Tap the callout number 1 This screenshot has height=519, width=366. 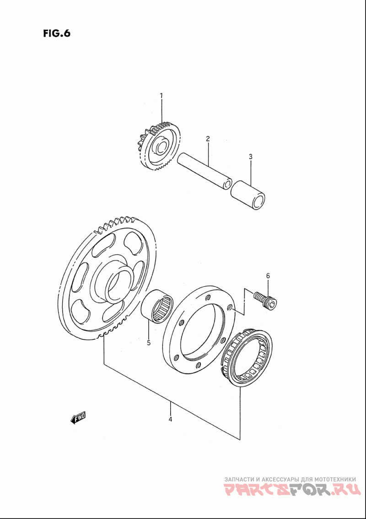(x=161, y=95)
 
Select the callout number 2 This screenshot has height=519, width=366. (x=207, y=138)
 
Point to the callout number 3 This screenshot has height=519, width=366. (x=251, y=157)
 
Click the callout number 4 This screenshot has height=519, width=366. (x=170, y=419)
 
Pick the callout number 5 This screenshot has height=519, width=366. (x=149, y=342)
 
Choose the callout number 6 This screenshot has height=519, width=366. (x=268, y=275)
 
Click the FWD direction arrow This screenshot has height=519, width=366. (x=78, y=417)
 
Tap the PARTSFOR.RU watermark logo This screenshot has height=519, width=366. (x=291, y=491)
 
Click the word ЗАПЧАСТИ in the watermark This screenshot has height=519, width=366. (x=239, y=479)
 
